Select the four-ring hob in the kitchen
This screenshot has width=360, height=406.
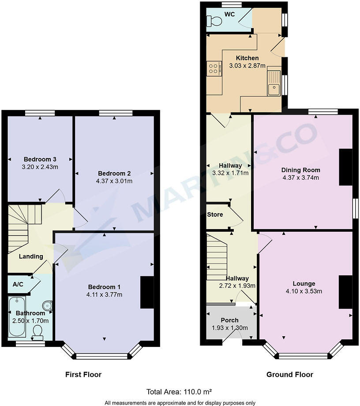coord(214,68)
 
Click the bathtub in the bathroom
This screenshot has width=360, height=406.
coord(17,317)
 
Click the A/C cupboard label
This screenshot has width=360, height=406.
coord(18,285)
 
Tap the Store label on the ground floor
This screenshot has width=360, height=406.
coord(215,215)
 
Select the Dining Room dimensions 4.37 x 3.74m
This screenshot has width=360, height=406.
coord(301,178)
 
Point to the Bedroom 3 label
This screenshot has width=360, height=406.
coord(40,159)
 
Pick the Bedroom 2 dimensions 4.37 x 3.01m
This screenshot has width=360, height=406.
coord(114,181)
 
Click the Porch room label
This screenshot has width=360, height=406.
coord(229,320)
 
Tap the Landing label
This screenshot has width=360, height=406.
coord(31,256)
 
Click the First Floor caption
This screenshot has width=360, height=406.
coord(83,375)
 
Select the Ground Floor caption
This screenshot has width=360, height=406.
coord(289,375)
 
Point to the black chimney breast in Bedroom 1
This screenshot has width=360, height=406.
coord(146,292)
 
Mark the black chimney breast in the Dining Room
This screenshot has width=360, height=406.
coord(345,167)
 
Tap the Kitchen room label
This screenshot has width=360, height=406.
coord(247,58)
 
